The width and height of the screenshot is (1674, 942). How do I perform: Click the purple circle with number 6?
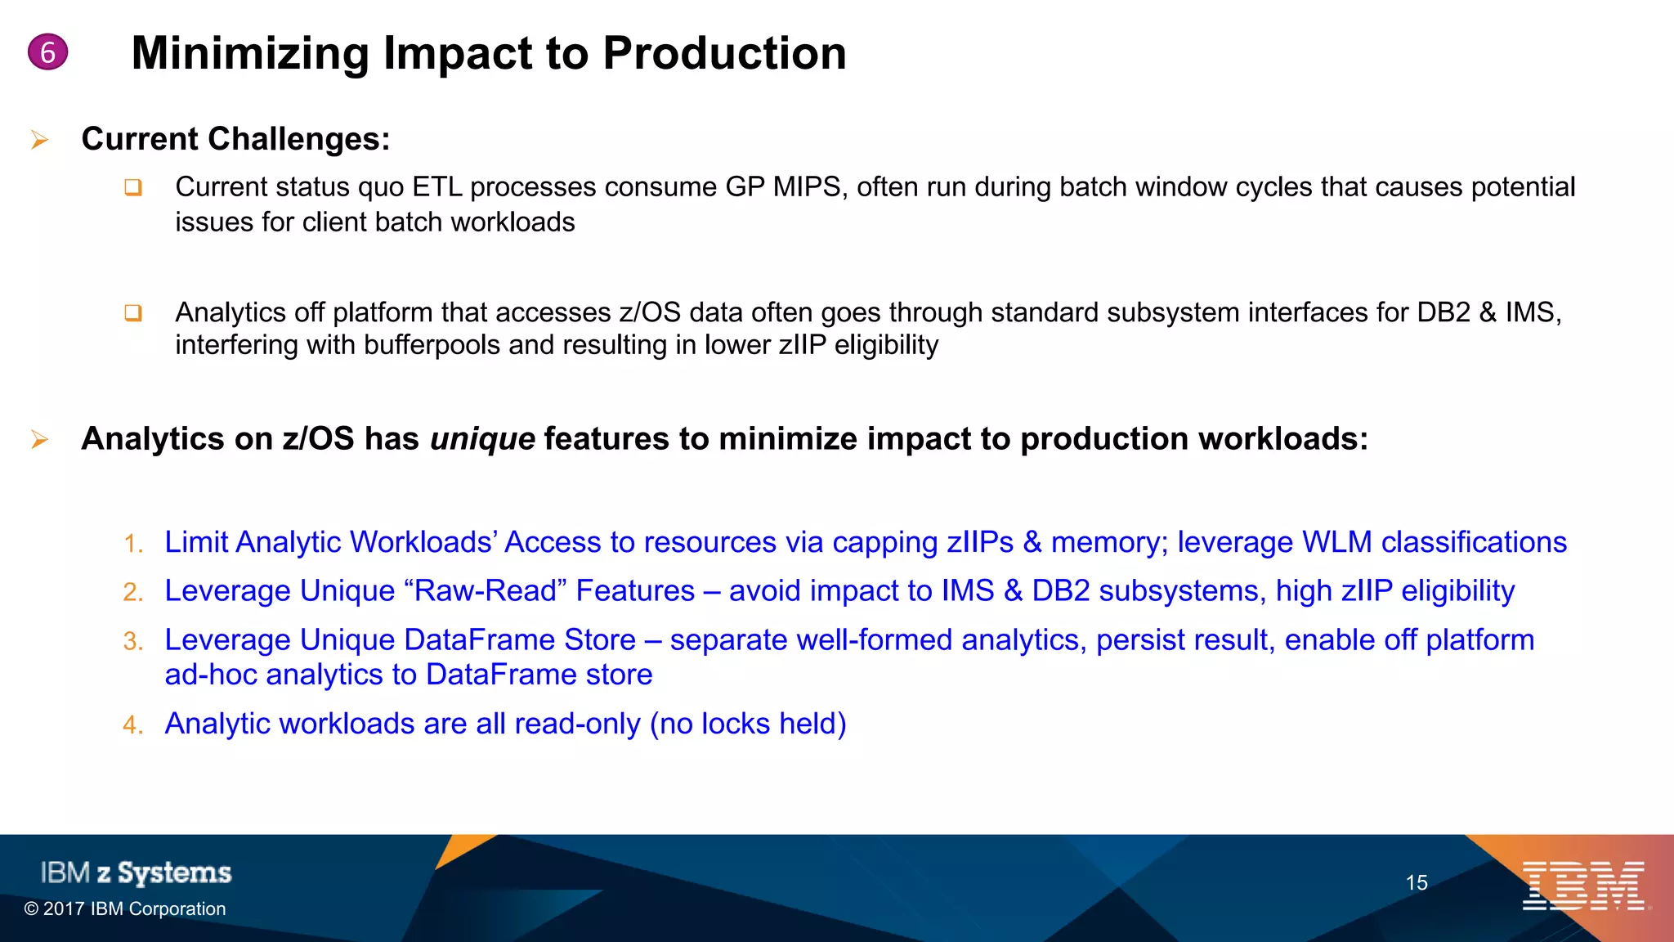pyautogui.click(x=47, y=52)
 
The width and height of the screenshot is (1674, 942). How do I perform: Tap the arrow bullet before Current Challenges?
pyautogui.click(x=39, y=141)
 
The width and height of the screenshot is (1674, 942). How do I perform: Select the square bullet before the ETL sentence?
pyautogui.click(x=133, y=188)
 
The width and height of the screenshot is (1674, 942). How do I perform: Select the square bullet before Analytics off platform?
pyautogui.click(x=133, y=313)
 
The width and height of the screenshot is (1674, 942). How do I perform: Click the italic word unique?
pyautogui.click(x=481, y=439)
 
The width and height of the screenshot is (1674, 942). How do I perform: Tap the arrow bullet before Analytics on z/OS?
pyautogui.click(x=39, y=440)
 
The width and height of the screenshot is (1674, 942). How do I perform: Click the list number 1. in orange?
pyautogui.click(x=133, y=544)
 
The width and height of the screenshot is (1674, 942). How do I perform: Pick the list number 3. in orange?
pyautogui.click(x=133, y=641)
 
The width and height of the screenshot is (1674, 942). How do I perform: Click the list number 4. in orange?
pyautogui.click(x=133, y=725)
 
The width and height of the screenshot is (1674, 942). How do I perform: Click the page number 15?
pyautogui.click(x=1416, y=883)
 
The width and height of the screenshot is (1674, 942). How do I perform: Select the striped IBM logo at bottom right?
pyautogui.click(x=1583, y=886)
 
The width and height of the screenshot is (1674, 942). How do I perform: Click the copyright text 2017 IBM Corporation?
pyautogui.click(x=125, y=909)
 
